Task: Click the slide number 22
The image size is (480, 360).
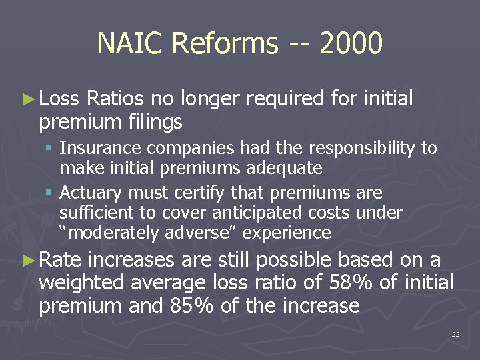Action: pos(455,333)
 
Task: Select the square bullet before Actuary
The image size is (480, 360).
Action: pos(50,193)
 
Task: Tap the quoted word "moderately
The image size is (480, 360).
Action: pos(107,233)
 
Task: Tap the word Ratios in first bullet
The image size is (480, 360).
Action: pos(115,99)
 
